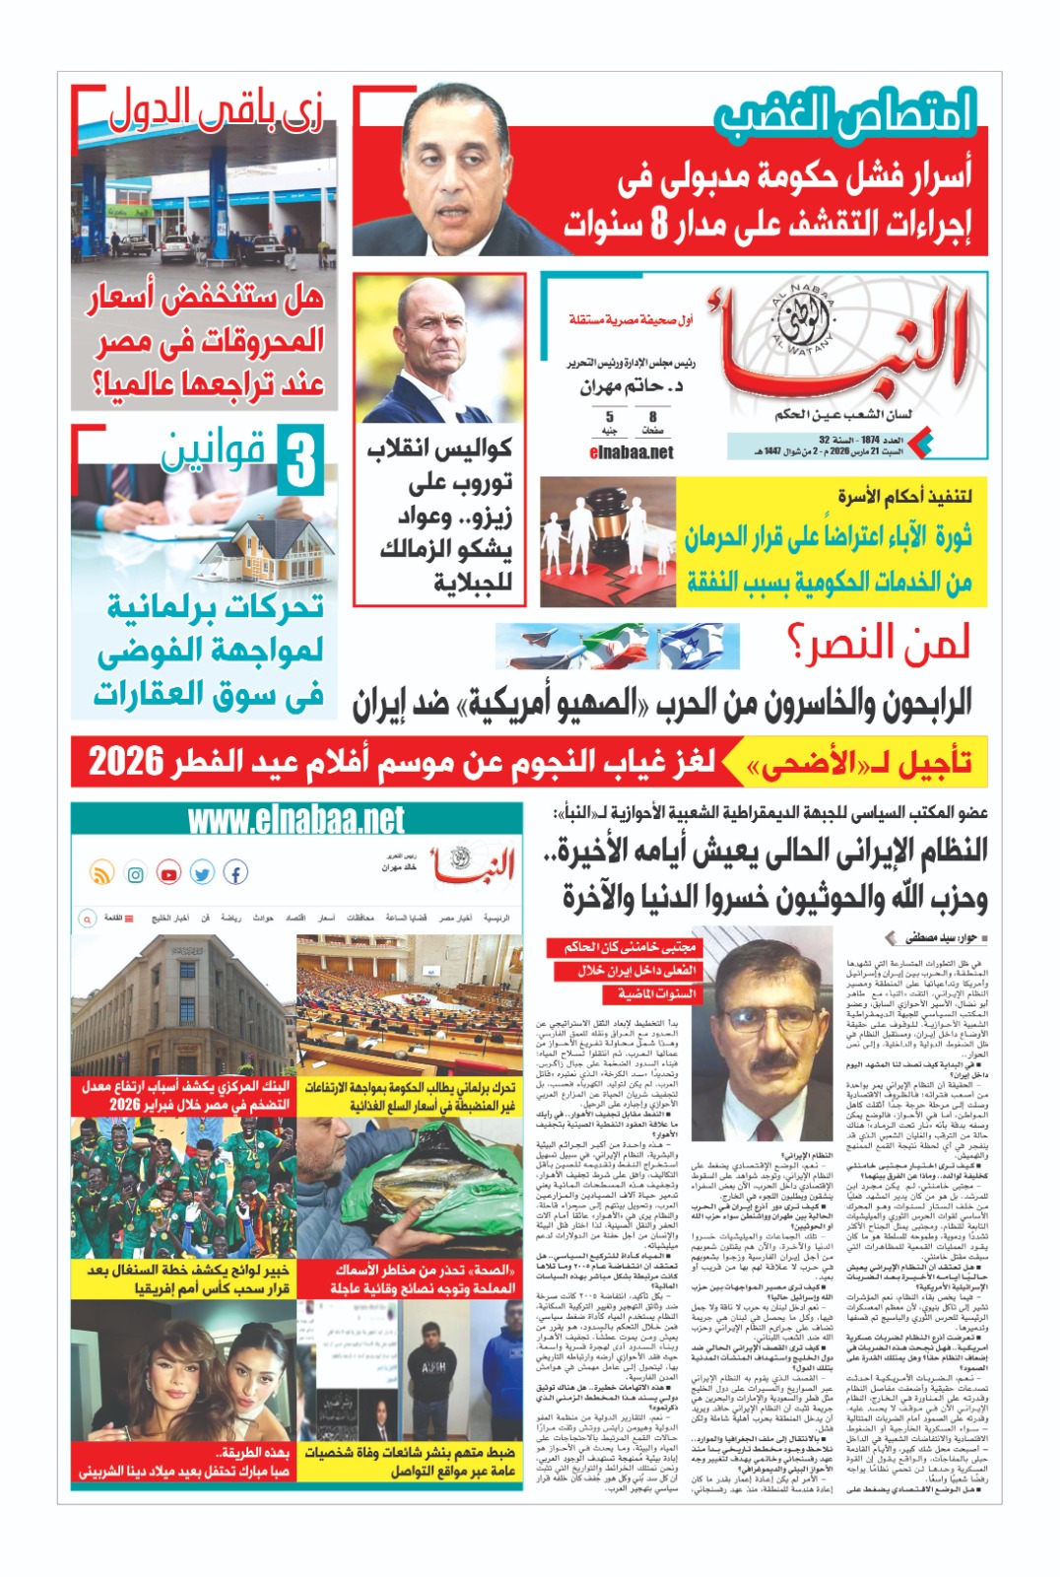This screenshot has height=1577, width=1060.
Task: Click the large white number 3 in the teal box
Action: (x=301, y=461)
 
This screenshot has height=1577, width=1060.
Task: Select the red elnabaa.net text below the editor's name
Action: (x=630, y=452)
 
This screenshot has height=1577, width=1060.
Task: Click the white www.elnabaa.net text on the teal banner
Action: (x=296, y=820)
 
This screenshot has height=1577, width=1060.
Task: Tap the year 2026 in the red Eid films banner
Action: (x=126, y=762)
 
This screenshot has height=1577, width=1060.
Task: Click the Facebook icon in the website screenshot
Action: (x=235, y=872)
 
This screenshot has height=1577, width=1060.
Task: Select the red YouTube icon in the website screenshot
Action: (x=169, y=873)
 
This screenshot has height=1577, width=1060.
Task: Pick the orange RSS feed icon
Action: (x=102, y=873)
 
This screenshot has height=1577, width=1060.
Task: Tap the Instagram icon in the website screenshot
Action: (x=136, y=873)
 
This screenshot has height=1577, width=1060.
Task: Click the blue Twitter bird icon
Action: (x=202, y=873)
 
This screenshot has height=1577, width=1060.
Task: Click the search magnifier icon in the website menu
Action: (x=87, y=918)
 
